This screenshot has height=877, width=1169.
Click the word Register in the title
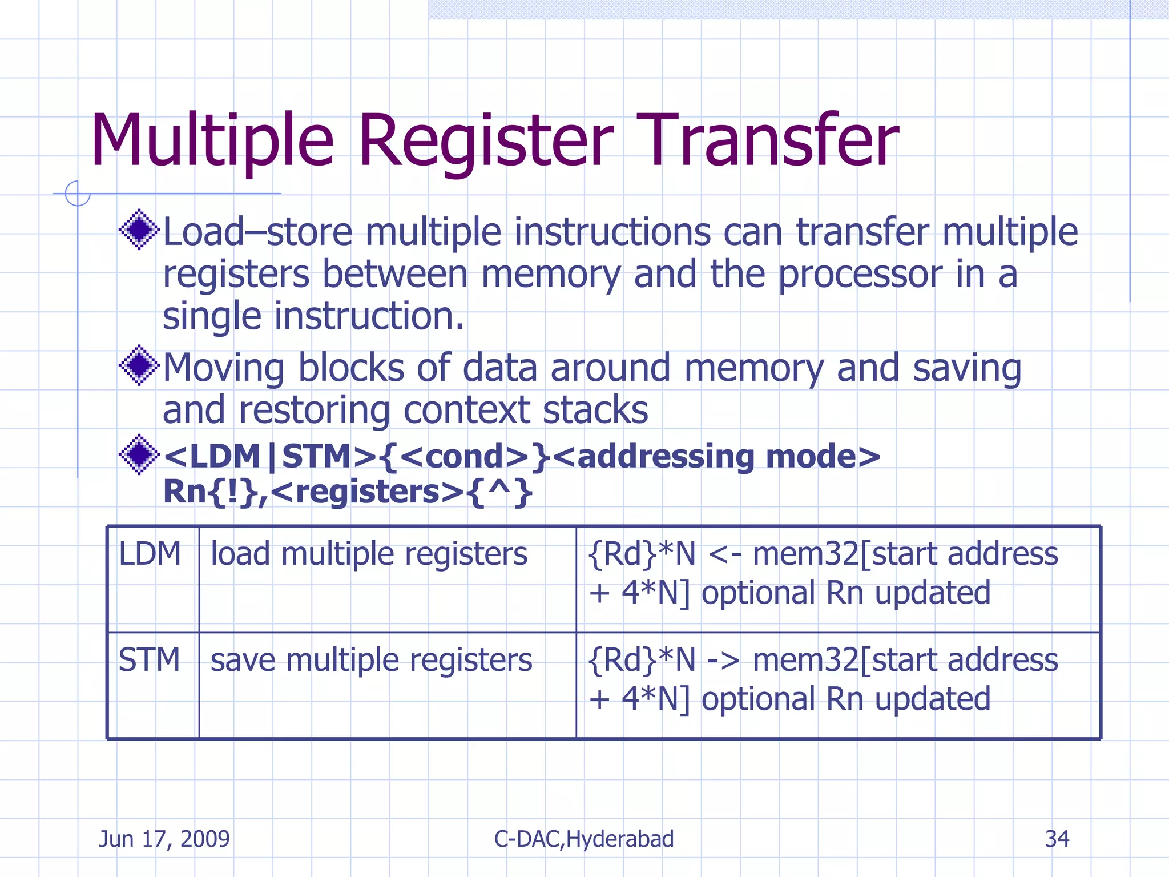(x=486, y=141)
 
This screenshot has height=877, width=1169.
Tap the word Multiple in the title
(x=212, y=141)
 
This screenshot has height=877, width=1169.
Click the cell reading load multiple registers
(x=369, y=554)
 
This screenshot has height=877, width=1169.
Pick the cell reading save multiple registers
(x=371, y=660)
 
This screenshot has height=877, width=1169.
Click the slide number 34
(x=1057, y=839)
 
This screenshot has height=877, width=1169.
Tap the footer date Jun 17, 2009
(x=164, y=839)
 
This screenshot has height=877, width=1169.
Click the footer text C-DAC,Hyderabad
(x=584, y=839)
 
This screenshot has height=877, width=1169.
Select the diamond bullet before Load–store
(x=139, y=230)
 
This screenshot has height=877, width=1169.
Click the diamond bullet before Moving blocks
(x=139, y=365)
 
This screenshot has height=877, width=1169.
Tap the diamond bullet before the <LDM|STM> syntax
(x=139, y=454)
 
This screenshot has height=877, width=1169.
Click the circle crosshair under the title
(x=78, y=194)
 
